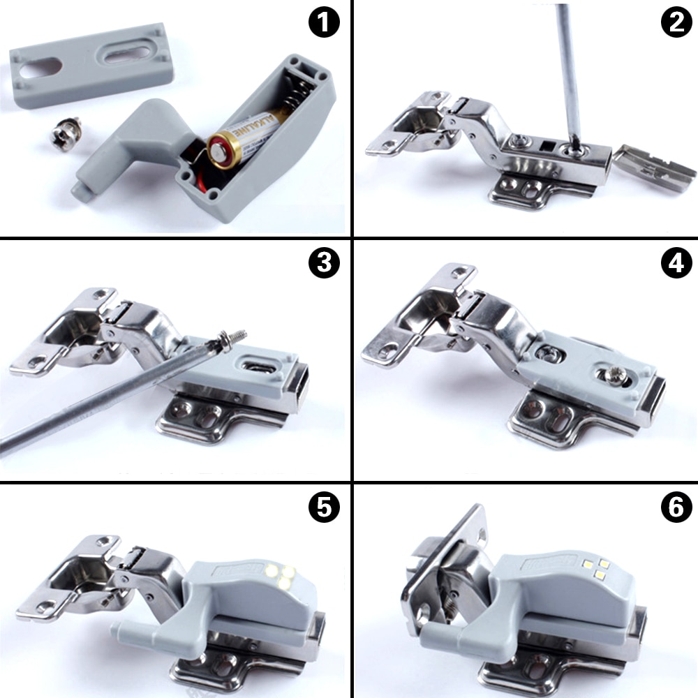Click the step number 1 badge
(x=323, y=24)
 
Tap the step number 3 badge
(x=323, y=263)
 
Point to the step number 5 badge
(x=323, y=507)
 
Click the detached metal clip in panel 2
(x=656, y=168)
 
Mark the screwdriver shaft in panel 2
(x=568, y=70)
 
